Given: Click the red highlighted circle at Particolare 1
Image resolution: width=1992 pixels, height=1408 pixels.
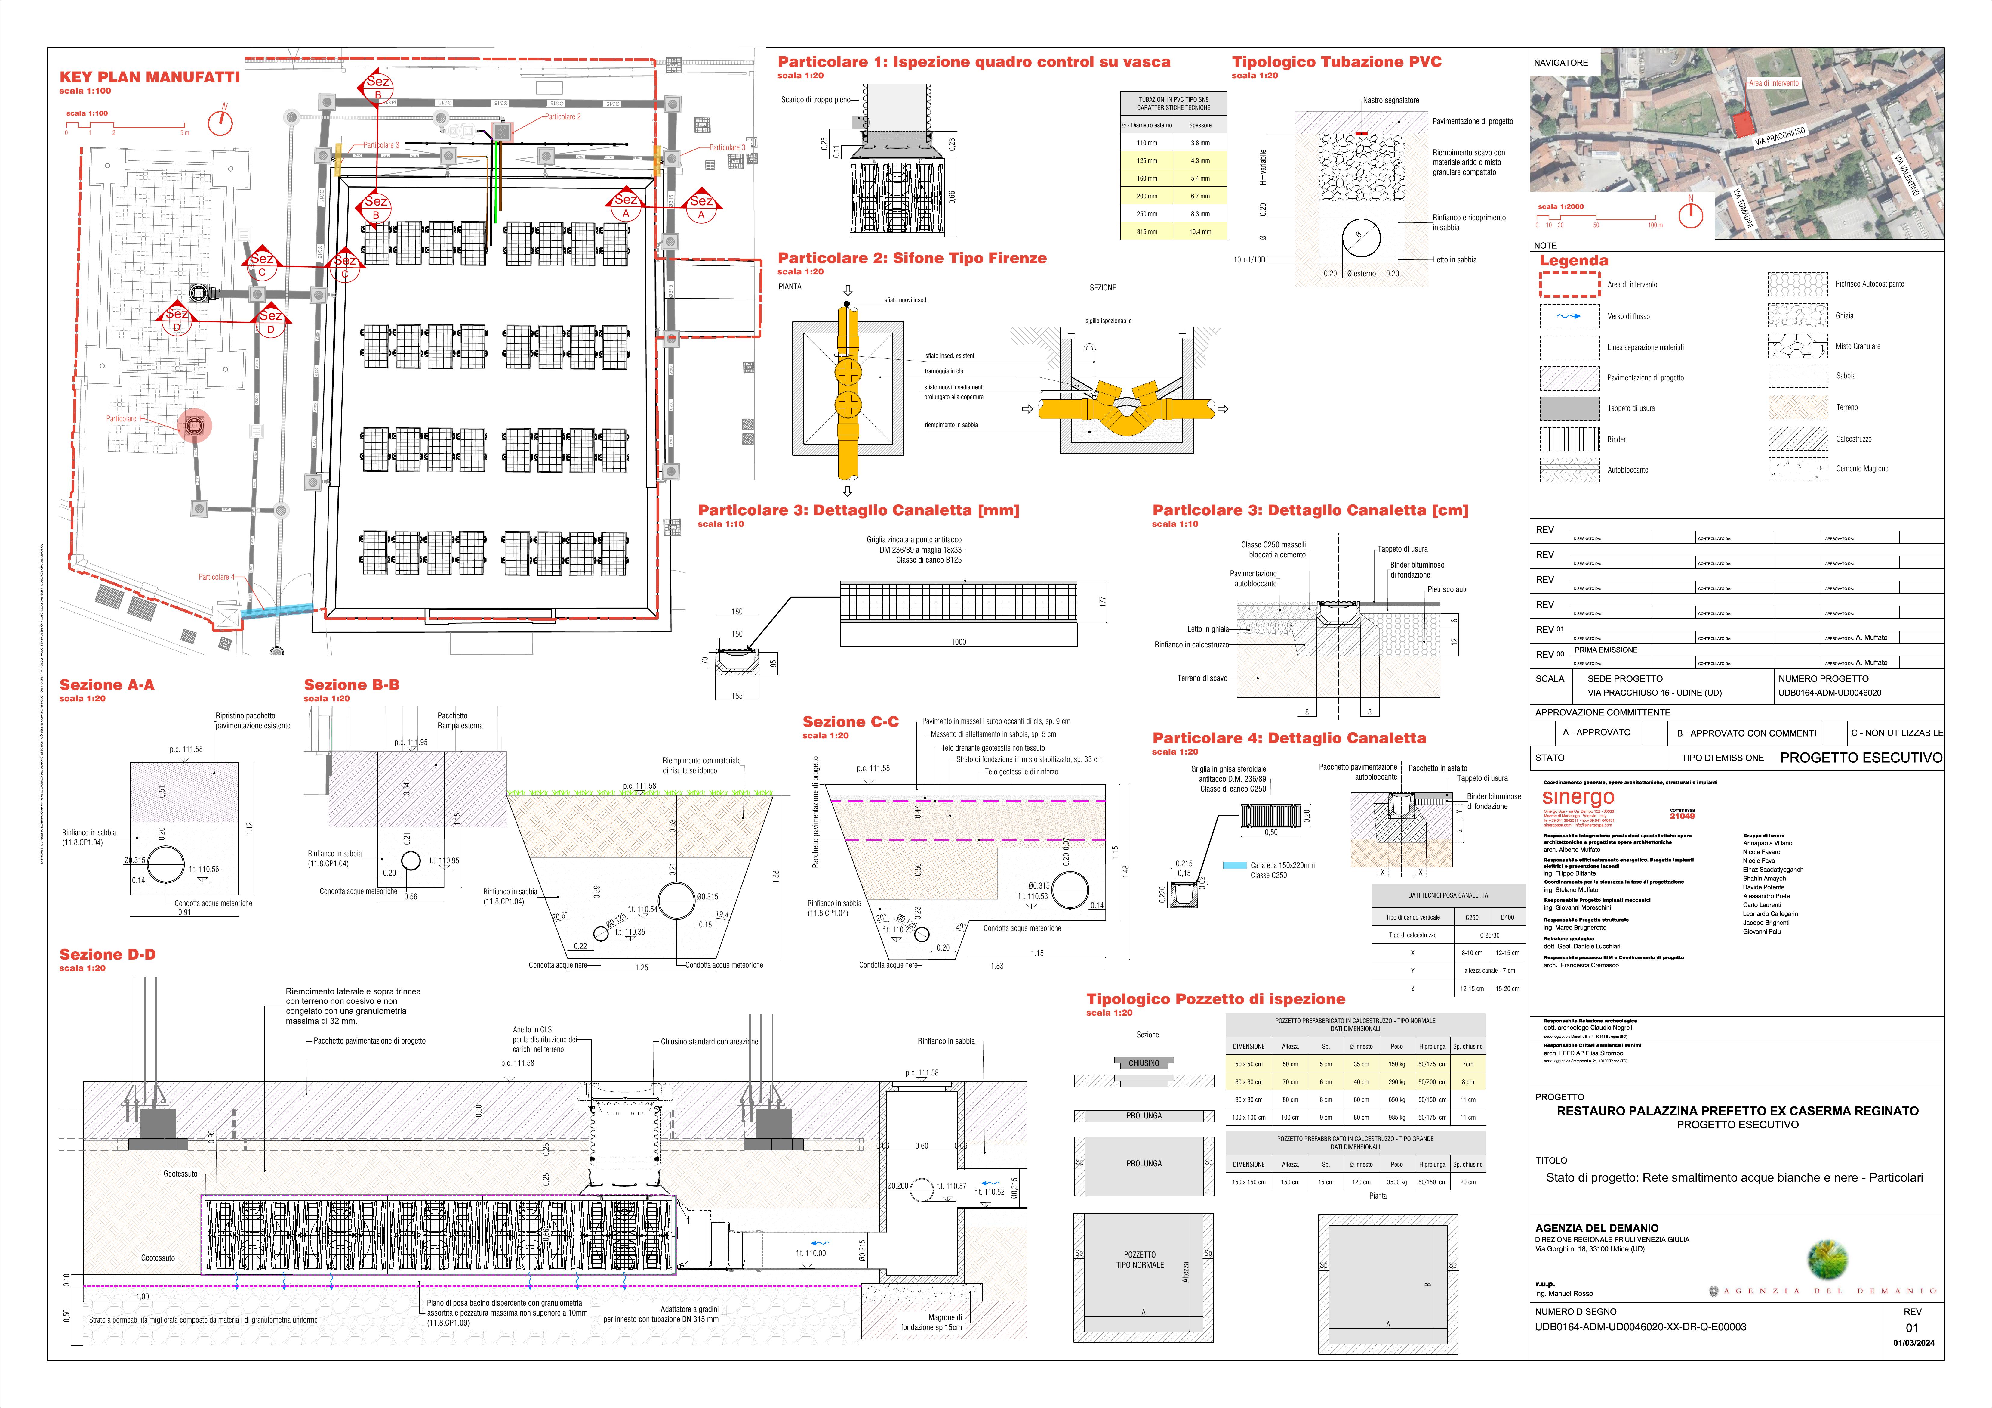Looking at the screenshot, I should tap(194, 425).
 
